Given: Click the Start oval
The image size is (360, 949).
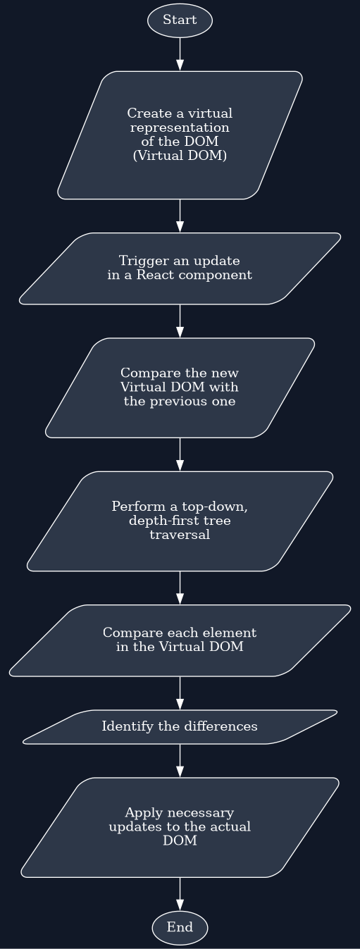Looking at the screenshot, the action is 180,20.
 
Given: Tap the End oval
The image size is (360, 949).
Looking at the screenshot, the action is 180,927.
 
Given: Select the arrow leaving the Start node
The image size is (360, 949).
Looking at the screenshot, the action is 180,54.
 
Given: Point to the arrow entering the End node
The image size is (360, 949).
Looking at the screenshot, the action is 180,894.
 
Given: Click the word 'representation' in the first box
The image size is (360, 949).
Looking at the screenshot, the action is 180,128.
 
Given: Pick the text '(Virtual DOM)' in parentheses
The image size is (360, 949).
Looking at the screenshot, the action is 180,156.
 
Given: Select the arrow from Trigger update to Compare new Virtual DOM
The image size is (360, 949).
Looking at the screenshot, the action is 180,321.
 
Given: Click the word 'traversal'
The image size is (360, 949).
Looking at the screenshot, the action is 180,535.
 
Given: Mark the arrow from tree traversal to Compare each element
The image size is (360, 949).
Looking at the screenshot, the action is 180,588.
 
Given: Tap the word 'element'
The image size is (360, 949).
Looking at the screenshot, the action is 233,633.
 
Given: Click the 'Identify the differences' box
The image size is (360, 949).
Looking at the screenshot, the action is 180,726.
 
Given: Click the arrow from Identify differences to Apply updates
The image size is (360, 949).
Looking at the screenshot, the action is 180,760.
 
